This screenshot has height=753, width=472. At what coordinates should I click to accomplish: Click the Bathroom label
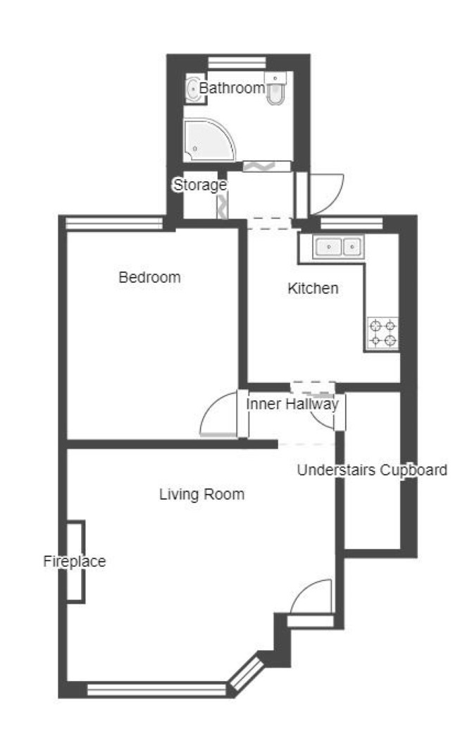pyautogui.click(x=232, y=88)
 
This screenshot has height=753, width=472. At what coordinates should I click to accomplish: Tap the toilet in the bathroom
pyautogui.click(x=275, y=88)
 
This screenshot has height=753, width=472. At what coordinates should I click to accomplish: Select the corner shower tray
pyautogui.click(x=209, y=140)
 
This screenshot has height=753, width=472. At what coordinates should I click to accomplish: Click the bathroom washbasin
pyautogui.click(x=195, y=88)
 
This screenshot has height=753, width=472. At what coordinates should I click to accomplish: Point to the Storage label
pyautogui.click(x=199, y=185)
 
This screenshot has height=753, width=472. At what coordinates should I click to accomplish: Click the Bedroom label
pyautogui.click(x=149, y=277)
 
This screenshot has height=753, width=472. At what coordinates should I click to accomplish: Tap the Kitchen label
pyautogui.click(x=313, y=288)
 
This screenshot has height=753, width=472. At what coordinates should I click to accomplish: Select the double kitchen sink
pyautogui.click(x=338, y=247)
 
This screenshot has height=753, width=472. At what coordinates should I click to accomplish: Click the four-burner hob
pyautogui.click(x=383, y=333)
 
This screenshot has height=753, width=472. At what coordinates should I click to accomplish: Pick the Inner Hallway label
pyautogui.click(x=292, y=404)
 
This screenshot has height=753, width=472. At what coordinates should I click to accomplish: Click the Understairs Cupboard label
pyautogui.click(x=372, y=470)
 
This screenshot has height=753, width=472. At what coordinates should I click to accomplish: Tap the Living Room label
pyautogui.click(x=202, y=494)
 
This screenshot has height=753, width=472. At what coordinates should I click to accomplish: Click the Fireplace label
pyautogui.click(x=75, y=561)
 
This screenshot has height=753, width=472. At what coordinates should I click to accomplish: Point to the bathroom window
pyautogui.click(x=237, y=63)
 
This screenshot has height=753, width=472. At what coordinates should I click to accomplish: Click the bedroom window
pyautogui.click(x=114, y=224)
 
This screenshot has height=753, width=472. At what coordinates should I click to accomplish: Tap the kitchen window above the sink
pyautogui.click(x=352, y=224)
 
